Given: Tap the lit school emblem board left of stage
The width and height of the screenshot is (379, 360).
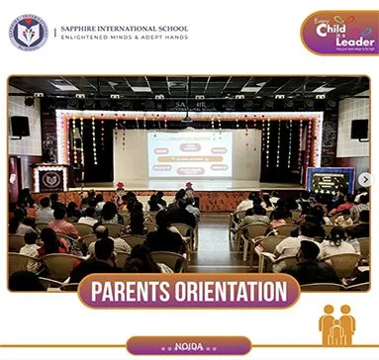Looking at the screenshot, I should [x=49, y=179].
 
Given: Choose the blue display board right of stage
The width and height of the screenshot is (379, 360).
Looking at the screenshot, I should [x=329, y=181].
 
